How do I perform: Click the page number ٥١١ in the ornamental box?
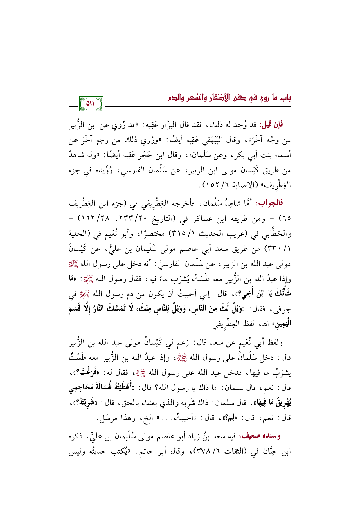pos(91,104)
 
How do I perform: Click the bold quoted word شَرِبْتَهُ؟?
pos(84,403)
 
